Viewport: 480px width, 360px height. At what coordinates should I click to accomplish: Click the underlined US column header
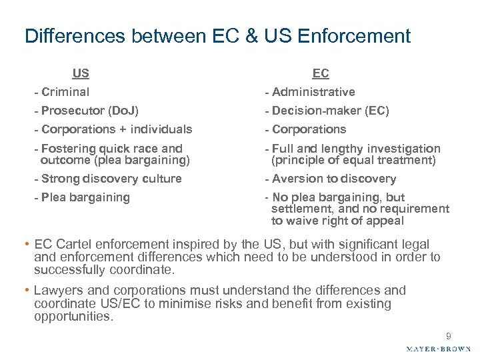click(x=82, y=73)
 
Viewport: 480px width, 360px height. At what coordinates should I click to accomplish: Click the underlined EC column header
click(x=320, y=74)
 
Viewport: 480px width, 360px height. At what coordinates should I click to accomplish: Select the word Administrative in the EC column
click(x=313, y=92)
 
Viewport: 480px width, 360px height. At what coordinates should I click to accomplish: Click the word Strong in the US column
click(x=59, y=179)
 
